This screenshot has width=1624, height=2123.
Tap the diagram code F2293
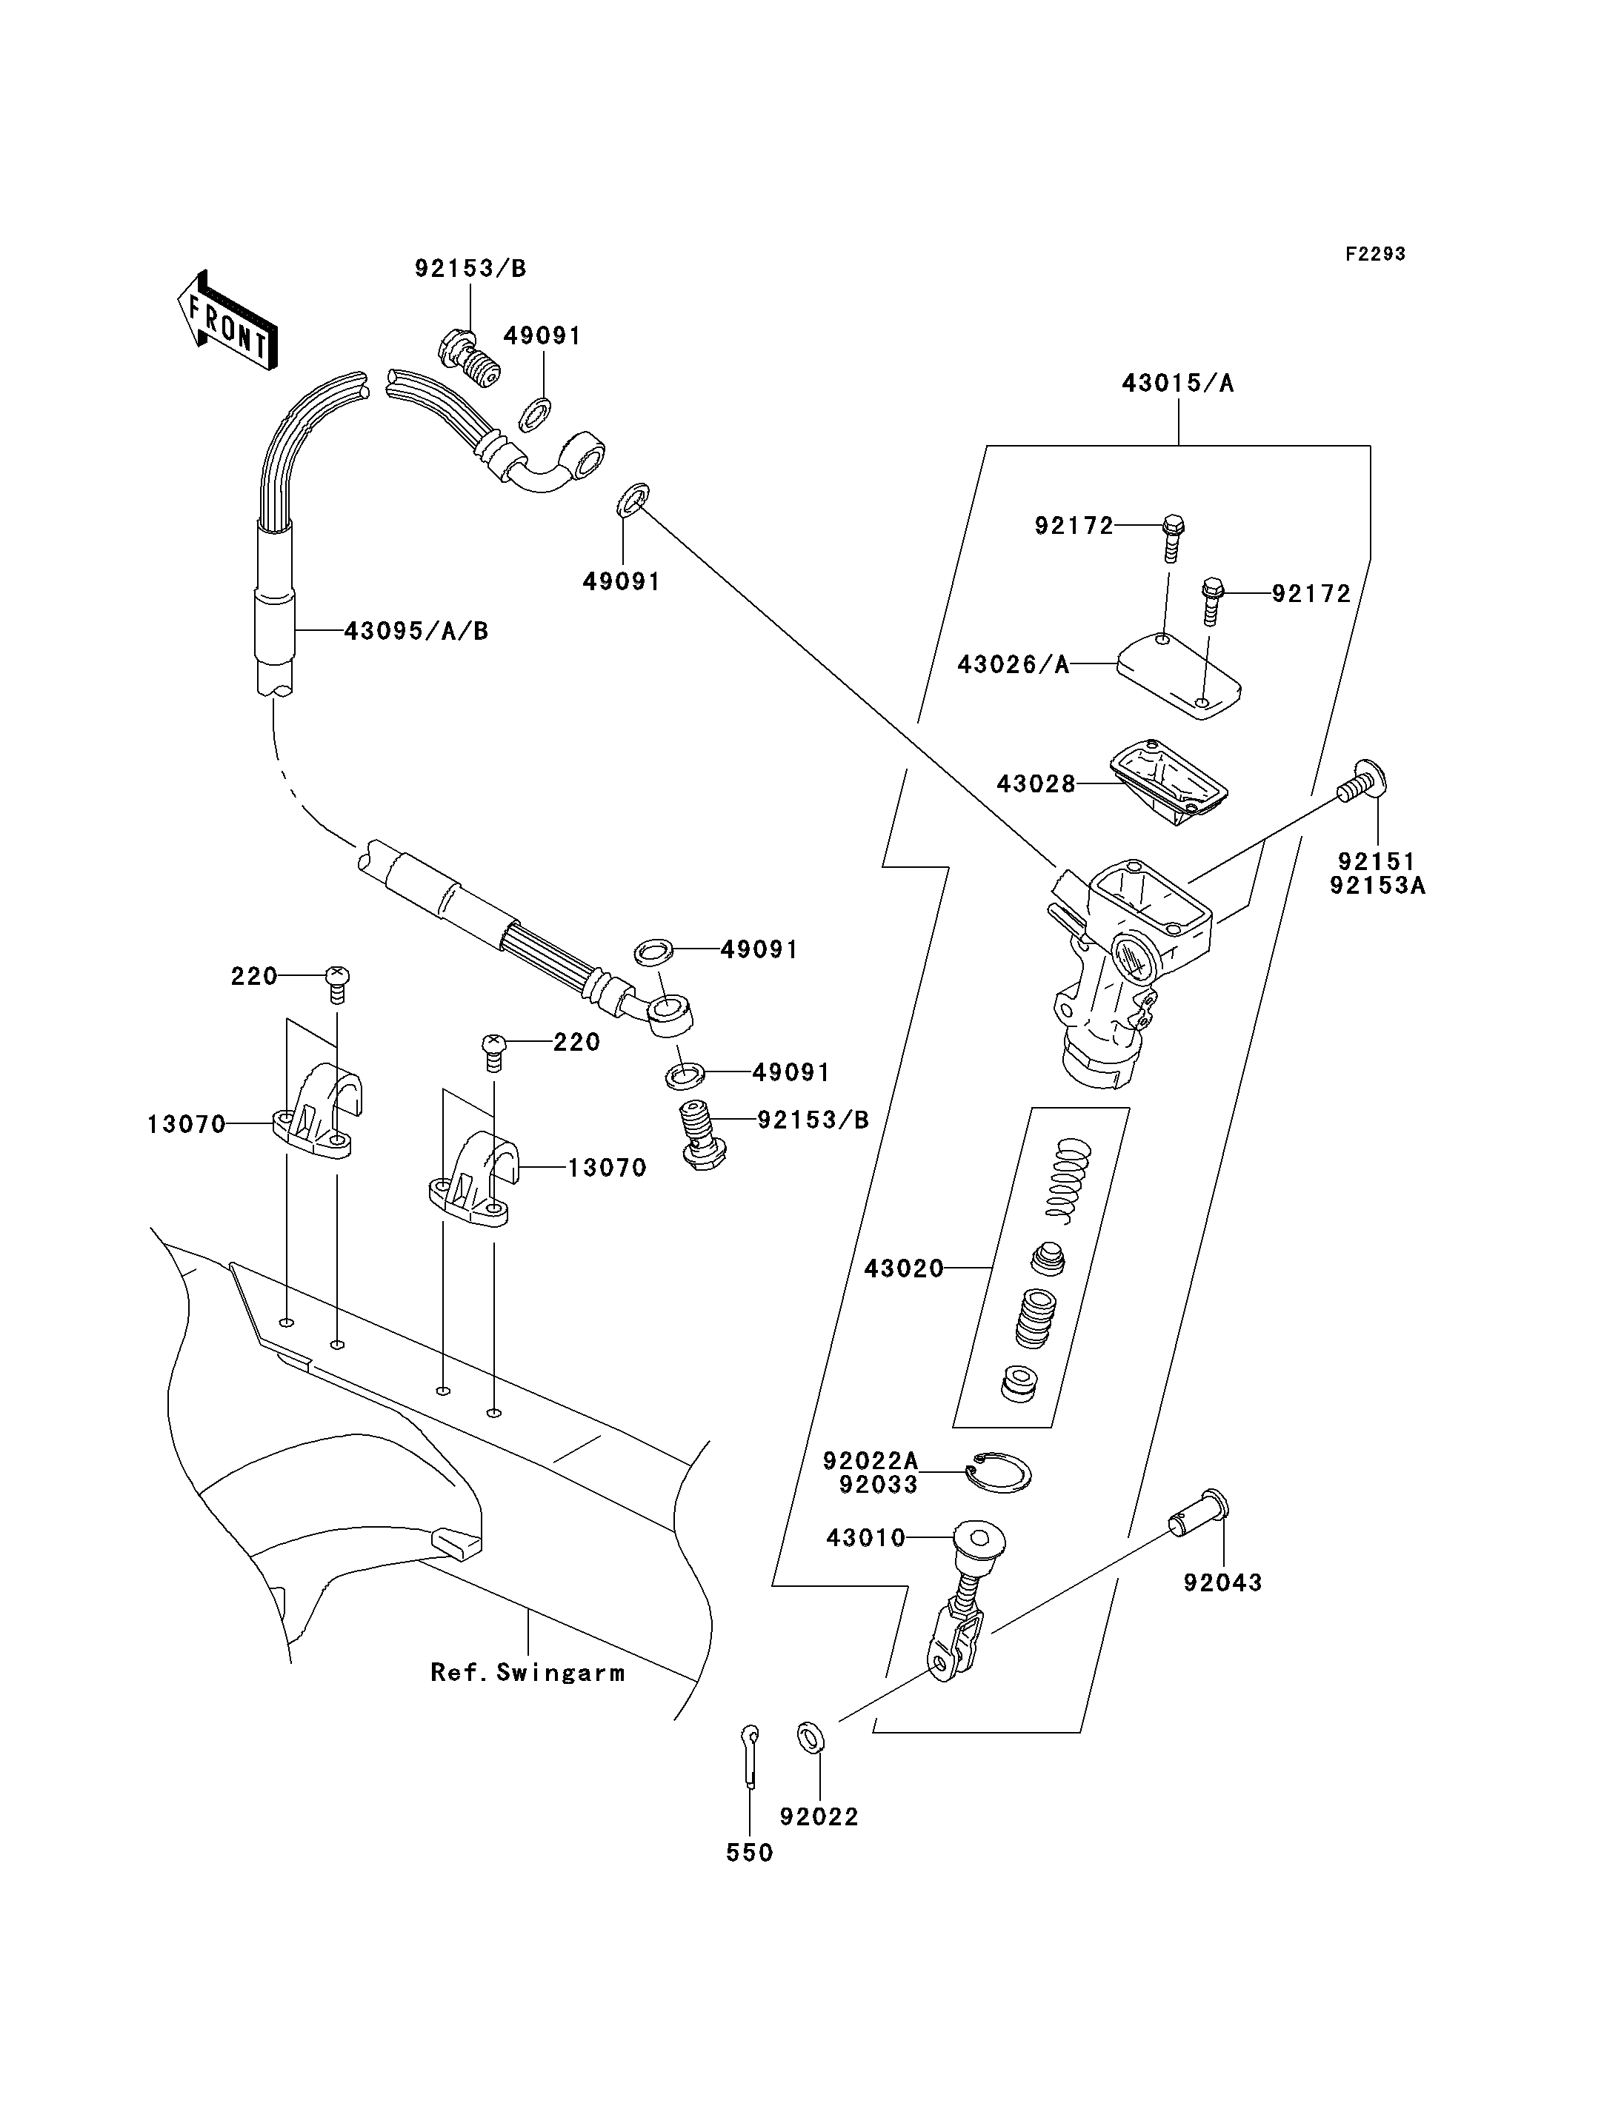[1376, 254]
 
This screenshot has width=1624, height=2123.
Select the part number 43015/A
[1177, 384]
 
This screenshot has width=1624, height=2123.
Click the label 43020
[904, 1268]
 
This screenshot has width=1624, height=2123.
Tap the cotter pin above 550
[750, 1754]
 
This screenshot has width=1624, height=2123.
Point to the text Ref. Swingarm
[528, 1673]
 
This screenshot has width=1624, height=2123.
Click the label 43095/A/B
[416, 632]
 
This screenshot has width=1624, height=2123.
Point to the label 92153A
[1377, 885]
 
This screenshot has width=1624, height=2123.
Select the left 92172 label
[1074, 526]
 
